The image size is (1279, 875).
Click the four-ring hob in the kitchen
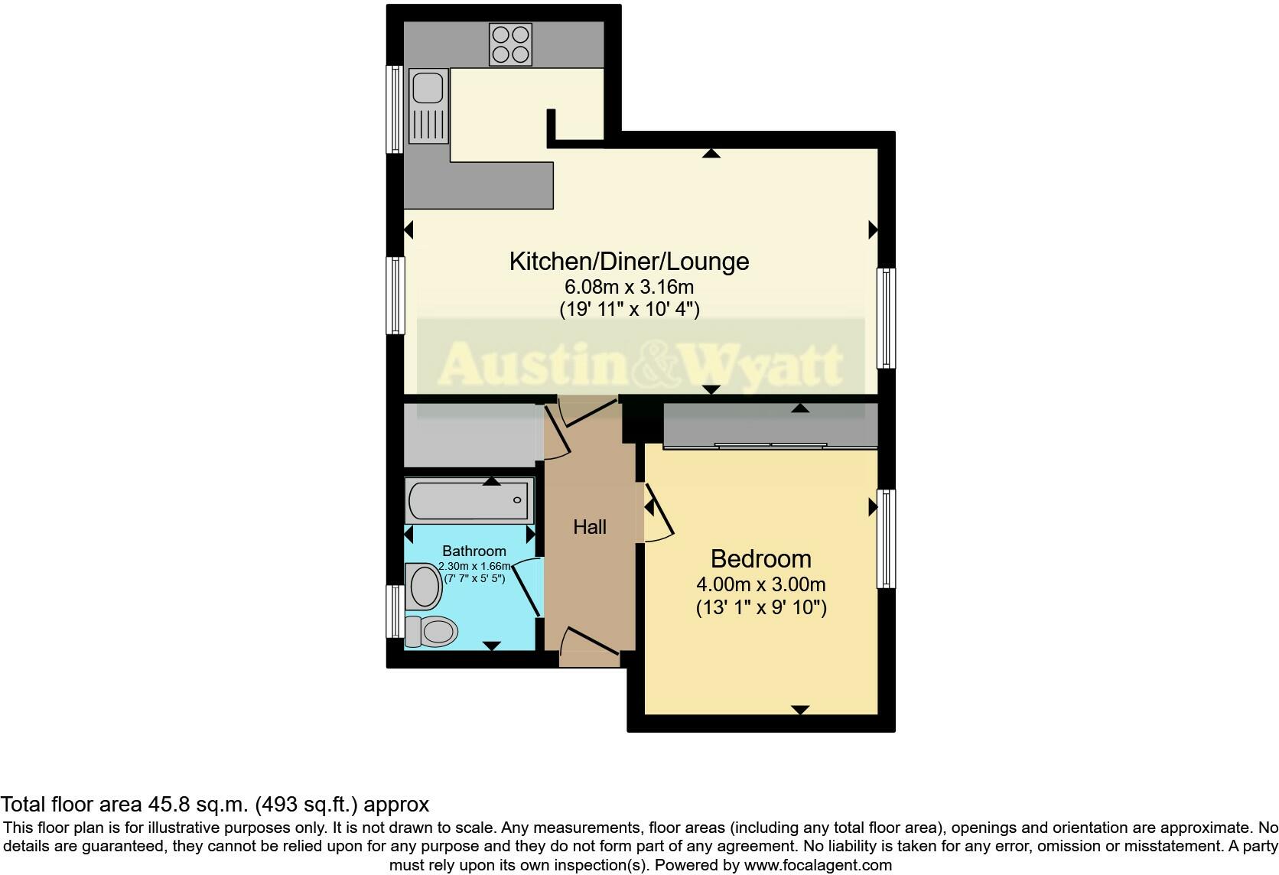tap(510, 44)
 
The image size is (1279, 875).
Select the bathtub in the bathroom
tap(469, 502)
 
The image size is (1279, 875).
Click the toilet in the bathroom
tap(431, 632)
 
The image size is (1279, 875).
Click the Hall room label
tap(590, 527)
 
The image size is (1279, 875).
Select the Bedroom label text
tap(760, 559)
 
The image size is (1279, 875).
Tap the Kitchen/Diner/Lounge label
tap(629, 262)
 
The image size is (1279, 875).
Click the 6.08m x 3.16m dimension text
tap(629, 288)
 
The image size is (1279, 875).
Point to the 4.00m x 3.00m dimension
tap(760, 585)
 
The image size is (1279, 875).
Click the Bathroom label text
tap(474, 551)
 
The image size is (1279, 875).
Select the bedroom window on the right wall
tap(886, 538)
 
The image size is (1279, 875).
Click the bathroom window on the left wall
tap(394, 611)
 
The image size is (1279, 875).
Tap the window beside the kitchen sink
tap(395, 109)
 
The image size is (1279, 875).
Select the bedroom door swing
tap(659, 512)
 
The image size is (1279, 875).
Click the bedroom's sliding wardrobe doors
tap(771, 445)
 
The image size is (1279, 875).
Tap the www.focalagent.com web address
tap(818, 866)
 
